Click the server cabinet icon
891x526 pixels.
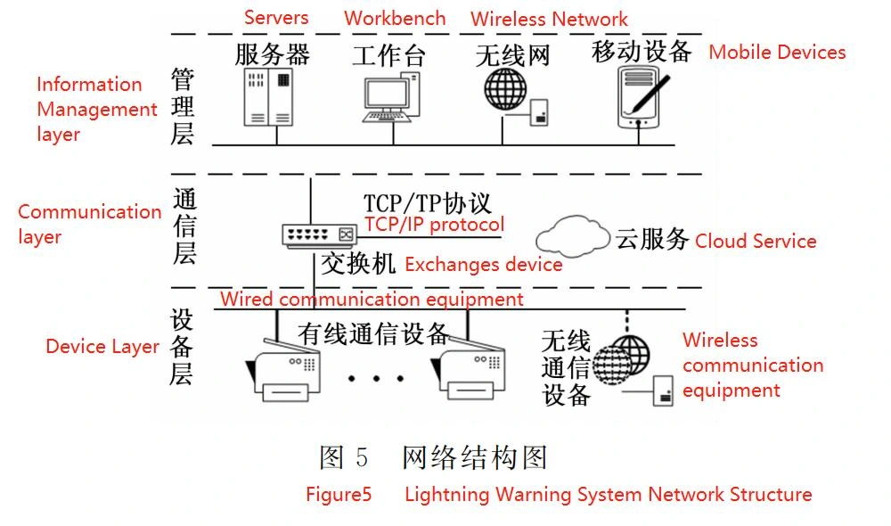tap(268, 96)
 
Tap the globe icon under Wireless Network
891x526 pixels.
tap(506, 89)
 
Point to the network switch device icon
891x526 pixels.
tap(318, 234)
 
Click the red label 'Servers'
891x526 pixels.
tap(276, 17)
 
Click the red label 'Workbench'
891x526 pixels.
tap(396, 18)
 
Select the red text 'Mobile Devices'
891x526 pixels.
tap(777, 52)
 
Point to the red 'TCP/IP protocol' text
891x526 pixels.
tap(434, 225)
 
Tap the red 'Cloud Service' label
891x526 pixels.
tap(756, 241)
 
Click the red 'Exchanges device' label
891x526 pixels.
tap(484, 265)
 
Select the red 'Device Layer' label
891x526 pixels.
tap(102, 347)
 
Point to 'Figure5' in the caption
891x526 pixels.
tap(338, 494)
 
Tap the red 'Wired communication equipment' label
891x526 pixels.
tap(372, 299)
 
